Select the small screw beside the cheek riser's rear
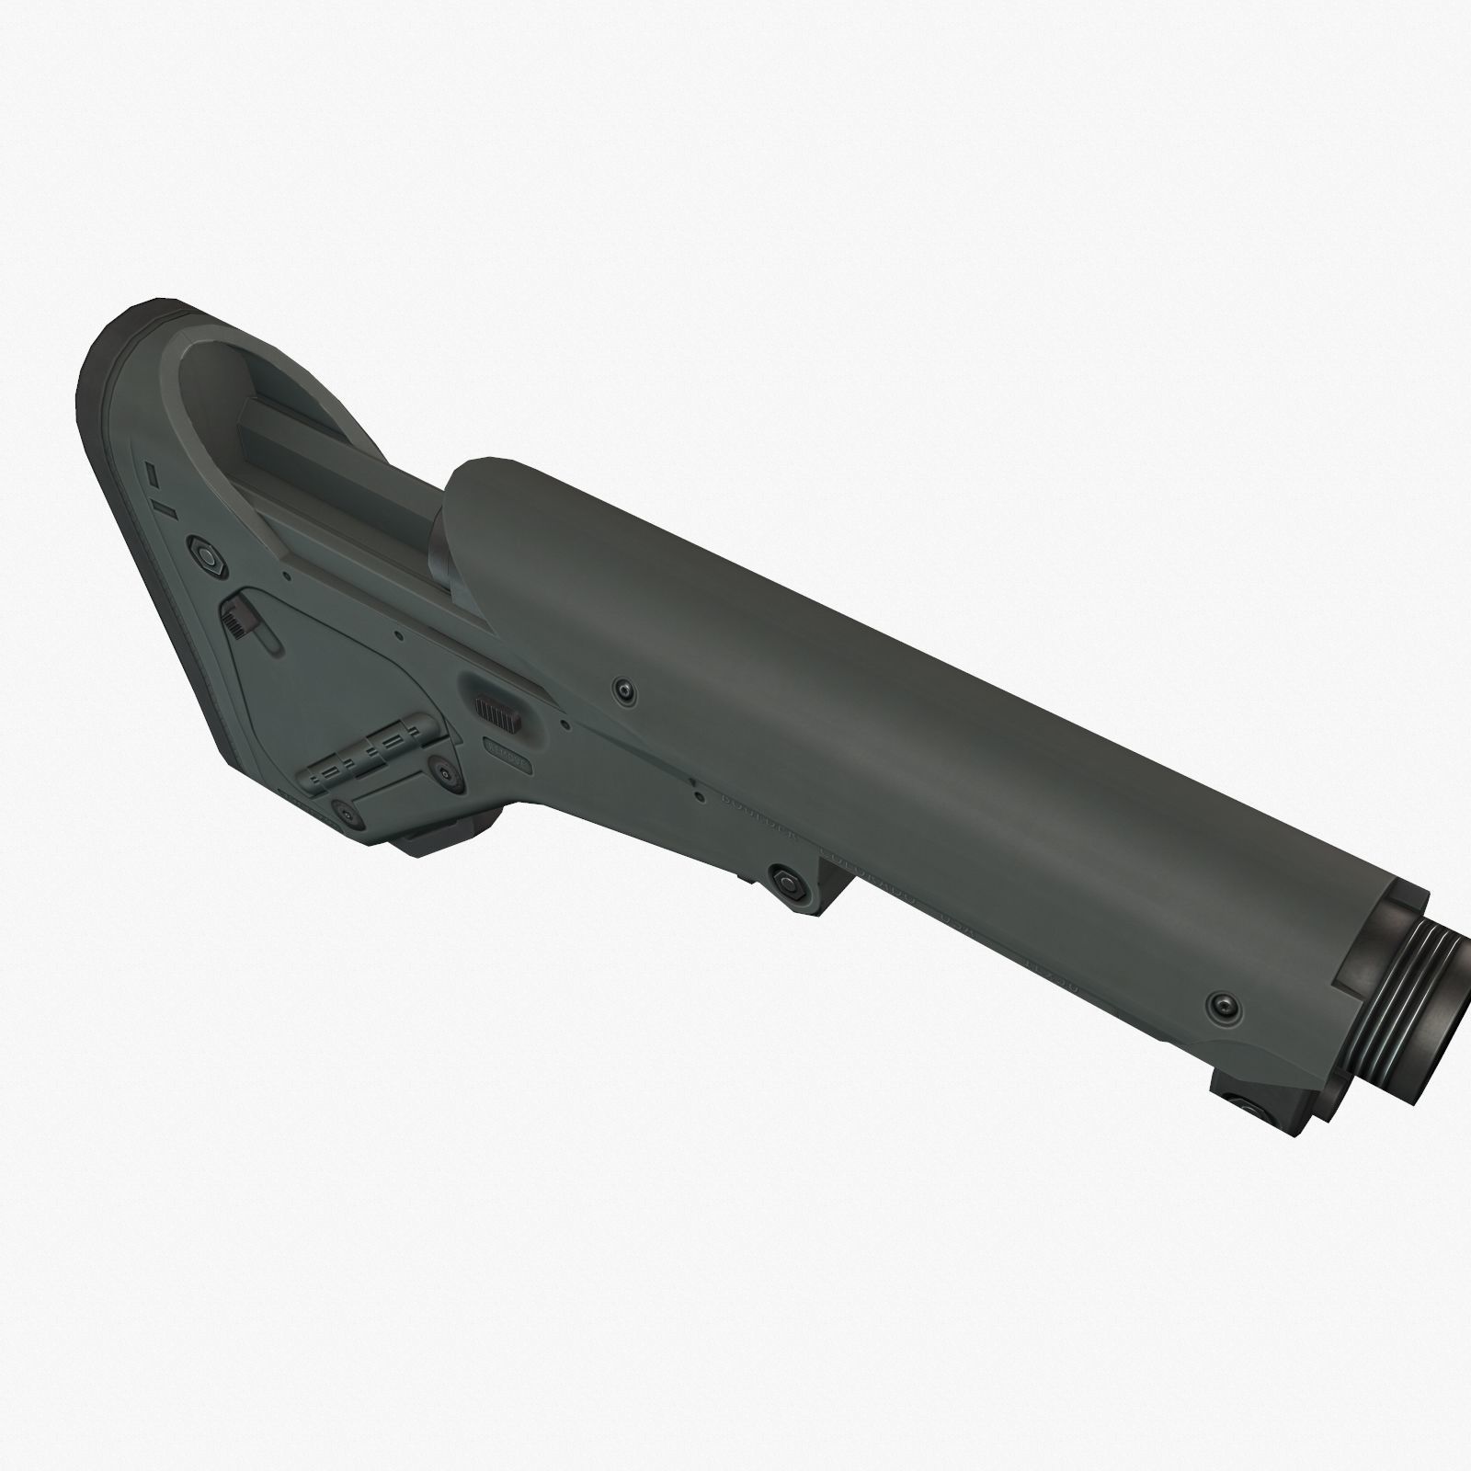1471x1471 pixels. click(625, 689)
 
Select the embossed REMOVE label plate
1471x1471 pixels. click(507, 761)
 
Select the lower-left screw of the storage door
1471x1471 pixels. click(345, 811)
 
